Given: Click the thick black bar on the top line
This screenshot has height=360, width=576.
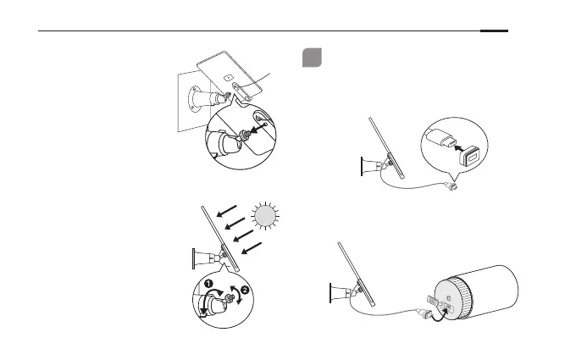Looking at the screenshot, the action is [494, 32].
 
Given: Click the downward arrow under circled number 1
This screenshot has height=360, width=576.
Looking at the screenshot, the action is [204, 313].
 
